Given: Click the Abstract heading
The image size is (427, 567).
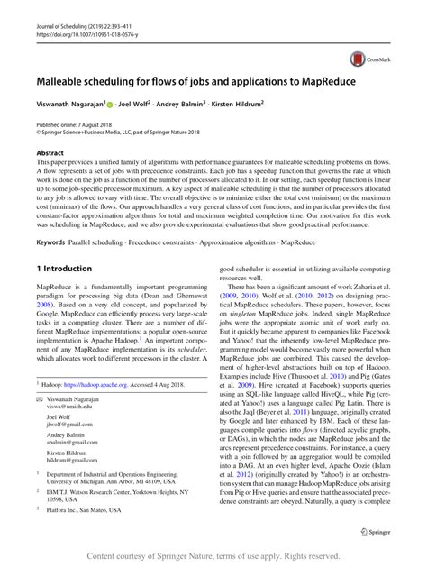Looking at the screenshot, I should coord(50,153).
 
